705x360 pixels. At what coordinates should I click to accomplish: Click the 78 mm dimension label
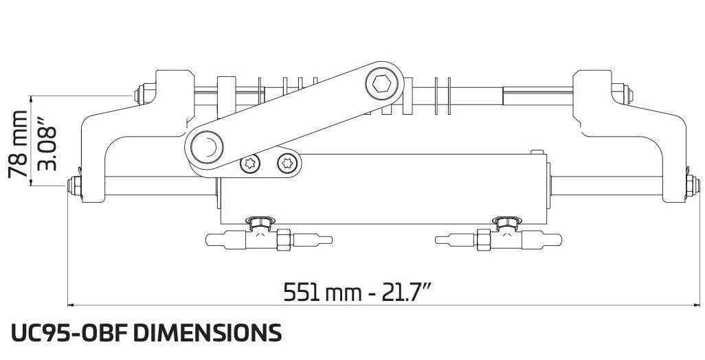coord(19,144)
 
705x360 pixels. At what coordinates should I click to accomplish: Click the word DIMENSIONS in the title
coord(207,333)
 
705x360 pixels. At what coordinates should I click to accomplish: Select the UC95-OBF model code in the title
coord(68,333)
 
